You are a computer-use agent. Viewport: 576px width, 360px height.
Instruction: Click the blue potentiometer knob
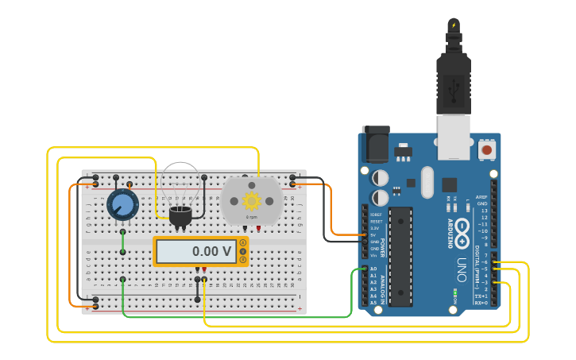click(x=122, y=205)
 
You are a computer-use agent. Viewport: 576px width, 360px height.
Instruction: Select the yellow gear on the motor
click(x=252, y=200)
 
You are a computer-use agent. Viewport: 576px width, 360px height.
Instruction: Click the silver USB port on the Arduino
click(x=455, y=130)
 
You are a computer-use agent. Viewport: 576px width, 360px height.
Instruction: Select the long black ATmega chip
click(x=400, y=256)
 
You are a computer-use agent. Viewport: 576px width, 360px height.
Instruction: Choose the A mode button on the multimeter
click(x=243, y=242)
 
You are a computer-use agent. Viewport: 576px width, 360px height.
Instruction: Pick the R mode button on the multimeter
click(x=243, y=260)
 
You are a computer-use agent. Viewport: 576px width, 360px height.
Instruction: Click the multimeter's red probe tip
click(x=204, y=271)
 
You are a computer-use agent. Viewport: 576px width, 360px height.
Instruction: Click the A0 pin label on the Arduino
click(x=373, y=269)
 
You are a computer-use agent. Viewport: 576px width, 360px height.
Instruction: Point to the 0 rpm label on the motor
click(x=251, y=216)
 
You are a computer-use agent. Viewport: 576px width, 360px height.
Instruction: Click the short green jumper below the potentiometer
click(x=122, y=242)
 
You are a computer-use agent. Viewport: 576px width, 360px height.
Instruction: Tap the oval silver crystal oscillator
click(x=427, y=182)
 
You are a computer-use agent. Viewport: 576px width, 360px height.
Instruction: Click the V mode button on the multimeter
click(x=243, y=251)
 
